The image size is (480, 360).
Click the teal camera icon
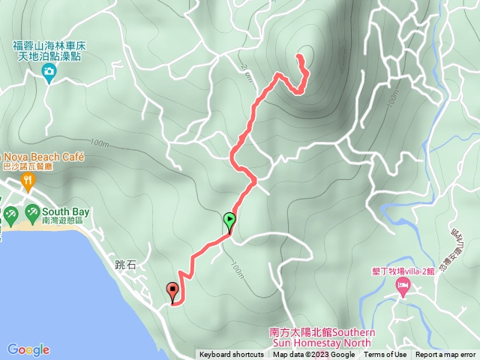click(x=49, y=73)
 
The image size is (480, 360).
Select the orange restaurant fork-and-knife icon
click(x=28, y=180)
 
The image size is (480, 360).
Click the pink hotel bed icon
click(x=403, y=285)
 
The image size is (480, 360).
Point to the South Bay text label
click(x=66, y=212)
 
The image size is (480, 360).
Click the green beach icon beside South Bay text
click(x=32, y=213)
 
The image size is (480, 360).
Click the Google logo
click(x=28, y=349)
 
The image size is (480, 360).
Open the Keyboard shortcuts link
click(x=231, y=355)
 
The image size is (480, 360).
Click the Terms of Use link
click(x=385, y=355)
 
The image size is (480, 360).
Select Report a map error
click(x=445, y=355)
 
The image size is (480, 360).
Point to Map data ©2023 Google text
click(x=313, y=355)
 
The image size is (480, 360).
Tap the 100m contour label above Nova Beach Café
click(x=98, y=142)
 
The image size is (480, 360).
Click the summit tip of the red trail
click(x=299, y=56)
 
